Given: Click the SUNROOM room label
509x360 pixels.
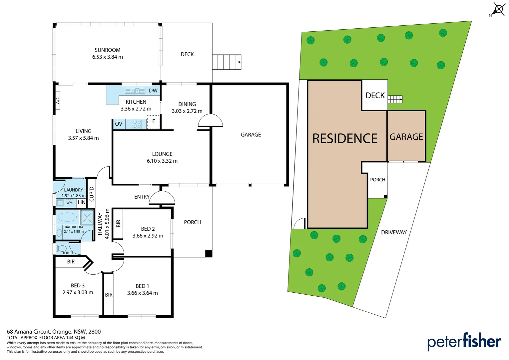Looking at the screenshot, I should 107,50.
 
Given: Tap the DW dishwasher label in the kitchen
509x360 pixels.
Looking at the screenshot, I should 153,91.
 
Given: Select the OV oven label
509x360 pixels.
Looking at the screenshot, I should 119,124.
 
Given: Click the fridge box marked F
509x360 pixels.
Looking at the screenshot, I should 153,122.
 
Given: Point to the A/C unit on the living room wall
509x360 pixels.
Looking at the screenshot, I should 58,100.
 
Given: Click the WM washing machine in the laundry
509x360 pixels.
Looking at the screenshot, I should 69,203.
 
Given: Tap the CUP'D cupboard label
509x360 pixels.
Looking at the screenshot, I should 92,194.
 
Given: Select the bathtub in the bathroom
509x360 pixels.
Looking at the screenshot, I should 67,217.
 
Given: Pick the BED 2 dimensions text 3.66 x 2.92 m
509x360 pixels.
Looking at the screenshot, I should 148,236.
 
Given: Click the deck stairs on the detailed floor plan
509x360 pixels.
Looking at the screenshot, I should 227,62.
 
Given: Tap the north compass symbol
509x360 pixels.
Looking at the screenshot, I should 498,9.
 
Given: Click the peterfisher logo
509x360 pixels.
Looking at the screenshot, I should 464,342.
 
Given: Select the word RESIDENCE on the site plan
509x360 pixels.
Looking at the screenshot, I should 345,139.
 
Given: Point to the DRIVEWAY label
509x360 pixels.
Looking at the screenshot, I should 394,232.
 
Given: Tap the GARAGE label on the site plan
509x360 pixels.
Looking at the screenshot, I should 406,137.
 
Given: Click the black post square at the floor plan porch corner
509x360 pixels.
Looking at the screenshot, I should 209,254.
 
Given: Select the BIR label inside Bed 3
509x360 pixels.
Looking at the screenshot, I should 71,262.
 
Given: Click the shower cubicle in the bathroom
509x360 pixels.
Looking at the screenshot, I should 87,217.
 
